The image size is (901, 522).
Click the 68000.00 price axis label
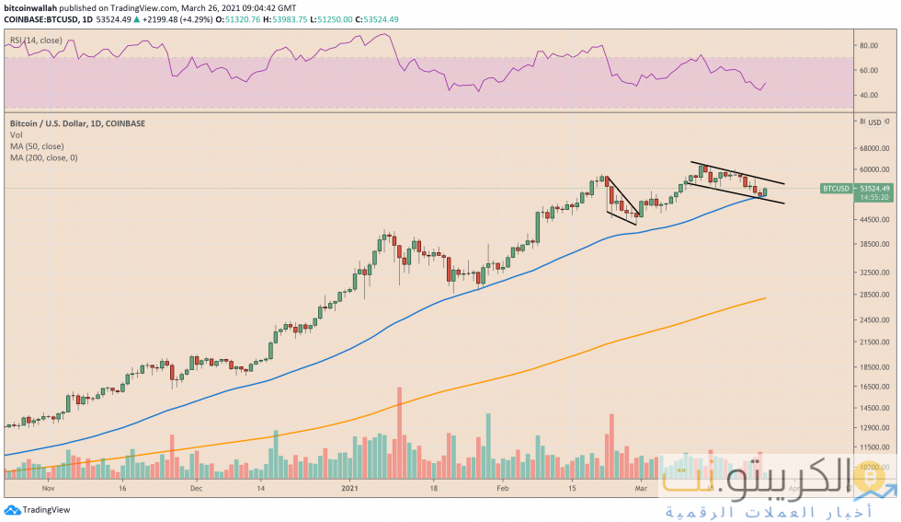872,147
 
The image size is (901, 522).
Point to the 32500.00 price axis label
872,273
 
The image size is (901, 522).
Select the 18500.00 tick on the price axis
872,366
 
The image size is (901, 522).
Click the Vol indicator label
16,135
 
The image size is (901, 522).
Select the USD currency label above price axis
875,122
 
